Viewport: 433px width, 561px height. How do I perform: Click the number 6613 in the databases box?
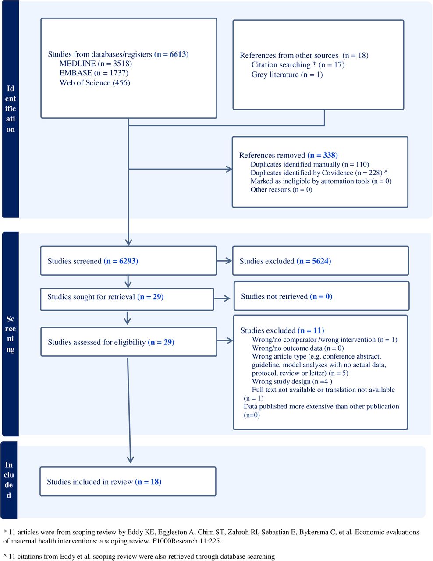point(178,54)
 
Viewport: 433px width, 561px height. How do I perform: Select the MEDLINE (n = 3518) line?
point(96,64)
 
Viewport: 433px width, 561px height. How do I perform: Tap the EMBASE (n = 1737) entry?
point(94,73)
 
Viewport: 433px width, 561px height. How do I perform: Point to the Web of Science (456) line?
point(95,82)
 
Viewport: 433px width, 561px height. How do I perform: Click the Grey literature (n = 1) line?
point(287,75)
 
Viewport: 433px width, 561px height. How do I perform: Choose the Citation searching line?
point(298,64)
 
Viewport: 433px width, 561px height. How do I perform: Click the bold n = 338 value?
point(323,155)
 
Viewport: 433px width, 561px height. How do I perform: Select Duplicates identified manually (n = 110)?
point(310,164)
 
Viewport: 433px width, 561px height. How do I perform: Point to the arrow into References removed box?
point(180,169)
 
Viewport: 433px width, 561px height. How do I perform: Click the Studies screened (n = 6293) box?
point(128,261)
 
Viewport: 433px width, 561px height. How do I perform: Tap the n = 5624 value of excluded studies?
point(314,261)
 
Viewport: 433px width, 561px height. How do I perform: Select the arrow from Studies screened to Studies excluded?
point(224,261)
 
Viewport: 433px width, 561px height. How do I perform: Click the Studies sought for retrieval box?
point(127,299)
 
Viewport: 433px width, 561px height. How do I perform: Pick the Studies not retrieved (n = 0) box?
point(322,296)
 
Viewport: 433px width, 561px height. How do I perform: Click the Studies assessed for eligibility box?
point(128,342)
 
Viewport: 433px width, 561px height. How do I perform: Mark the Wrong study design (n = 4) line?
point(292,381)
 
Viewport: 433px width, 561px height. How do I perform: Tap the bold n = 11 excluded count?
point(311,330)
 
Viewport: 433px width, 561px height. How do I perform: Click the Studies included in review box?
point(128,482)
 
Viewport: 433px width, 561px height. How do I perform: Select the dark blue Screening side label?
point(11,334)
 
